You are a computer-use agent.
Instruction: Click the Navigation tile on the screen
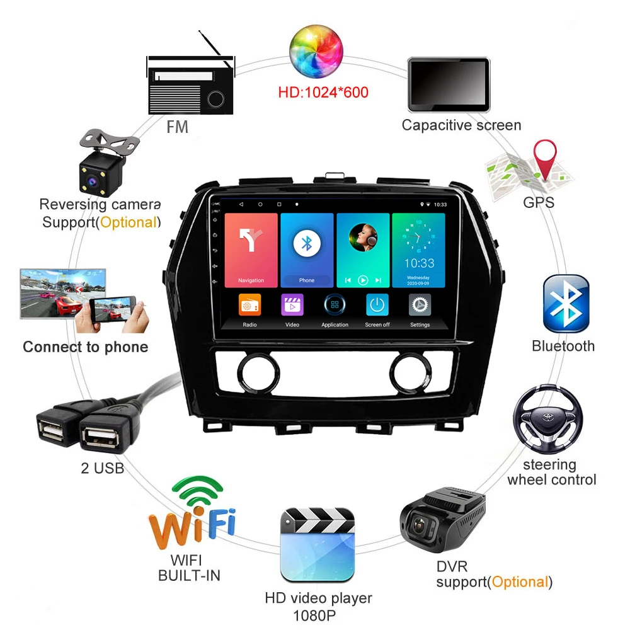point(251,249)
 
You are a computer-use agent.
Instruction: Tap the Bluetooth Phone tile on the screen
point(307,249)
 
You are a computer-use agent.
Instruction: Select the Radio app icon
point(249,306)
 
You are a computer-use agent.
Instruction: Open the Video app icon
point(292,306)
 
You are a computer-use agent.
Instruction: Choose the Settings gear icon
point(420,306)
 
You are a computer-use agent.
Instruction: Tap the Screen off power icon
point(377,306)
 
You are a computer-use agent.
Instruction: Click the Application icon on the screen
point(335,306)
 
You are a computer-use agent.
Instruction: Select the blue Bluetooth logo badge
point(566,303)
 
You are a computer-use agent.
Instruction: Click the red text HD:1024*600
point(323,93)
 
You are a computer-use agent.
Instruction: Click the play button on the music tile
point(363,280)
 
